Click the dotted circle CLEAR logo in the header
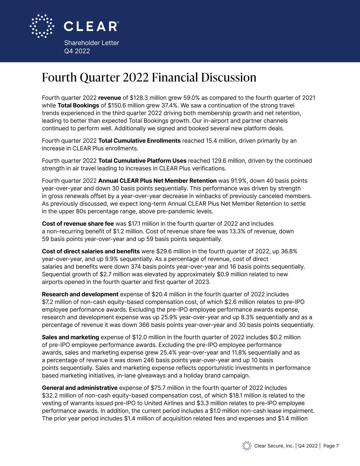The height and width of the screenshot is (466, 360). (42, 26)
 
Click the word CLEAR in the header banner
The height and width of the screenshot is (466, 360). (91, 26)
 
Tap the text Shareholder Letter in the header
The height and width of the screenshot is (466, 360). (91, 43)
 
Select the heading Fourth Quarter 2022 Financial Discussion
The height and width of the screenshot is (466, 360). (149, 77)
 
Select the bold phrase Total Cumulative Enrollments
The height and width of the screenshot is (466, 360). (139, 141)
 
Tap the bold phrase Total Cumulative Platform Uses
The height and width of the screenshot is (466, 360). (142, 161)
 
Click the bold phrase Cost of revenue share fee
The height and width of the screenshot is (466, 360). (78, 224)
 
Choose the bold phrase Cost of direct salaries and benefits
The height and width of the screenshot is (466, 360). (91, 252)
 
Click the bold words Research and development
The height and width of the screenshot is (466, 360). (80, 294)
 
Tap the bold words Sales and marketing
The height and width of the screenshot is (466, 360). (70, 337)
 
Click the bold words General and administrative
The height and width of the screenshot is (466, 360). (80, 388)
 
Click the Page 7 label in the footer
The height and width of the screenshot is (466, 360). (331, 446)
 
